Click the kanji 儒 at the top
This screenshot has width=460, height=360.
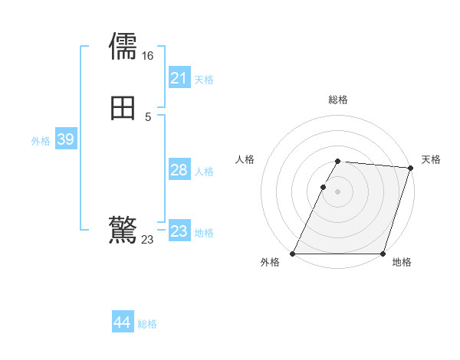(x=123, y=46)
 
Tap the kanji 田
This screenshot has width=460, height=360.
(x=123, y=108)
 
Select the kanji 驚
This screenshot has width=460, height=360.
(x=123, y=230)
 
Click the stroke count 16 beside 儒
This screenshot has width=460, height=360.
(x=148, y=56)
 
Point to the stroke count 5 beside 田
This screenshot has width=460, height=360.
(x=148, y=117)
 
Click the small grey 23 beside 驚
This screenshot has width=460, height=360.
(x=148, y=240)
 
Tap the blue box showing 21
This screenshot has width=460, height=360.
(x=179, y=77)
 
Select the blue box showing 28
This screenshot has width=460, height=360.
(x=179, y=170)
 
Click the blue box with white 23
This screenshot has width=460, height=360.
(x=179, y=231)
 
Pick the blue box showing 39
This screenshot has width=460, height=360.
(x=65, y=139)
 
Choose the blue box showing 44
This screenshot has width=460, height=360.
(x=123, y=322)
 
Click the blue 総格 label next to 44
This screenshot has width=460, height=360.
(x=148, y=324)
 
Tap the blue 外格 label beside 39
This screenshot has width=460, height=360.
(x=41, y=141)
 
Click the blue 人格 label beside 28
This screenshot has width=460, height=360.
(x=204, y=172)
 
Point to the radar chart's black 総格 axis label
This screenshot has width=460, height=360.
(x=338, y=100)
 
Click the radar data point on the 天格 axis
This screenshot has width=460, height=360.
(x=411, y=168)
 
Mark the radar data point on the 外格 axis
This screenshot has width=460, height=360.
(x=293, y=254)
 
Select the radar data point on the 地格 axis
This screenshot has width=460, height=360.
(x=383, y=254)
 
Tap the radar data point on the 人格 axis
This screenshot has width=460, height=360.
(x=324, y=187)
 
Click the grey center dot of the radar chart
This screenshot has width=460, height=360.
(x=338, y=191)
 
